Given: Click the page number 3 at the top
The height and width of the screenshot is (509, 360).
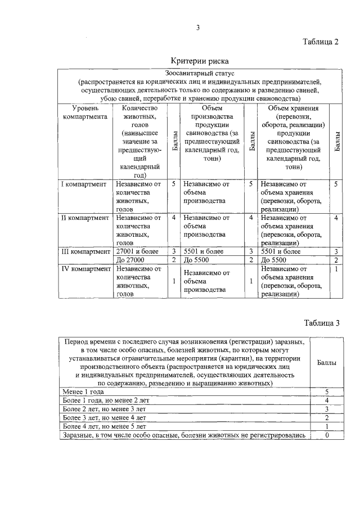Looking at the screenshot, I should click(x=198, y=27).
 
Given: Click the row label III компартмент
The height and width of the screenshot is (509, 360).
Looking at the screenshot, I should click(x=85, y=251).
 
